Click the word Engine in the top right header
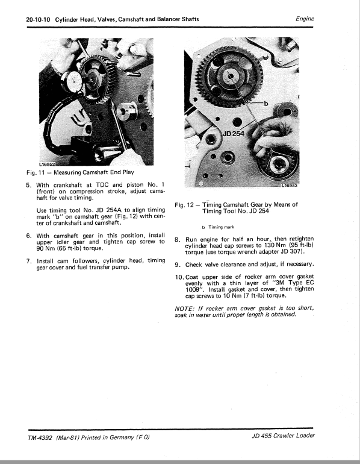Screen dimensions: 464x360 point(305,19)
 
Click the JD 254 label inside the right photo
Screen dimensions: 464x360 point(234,133)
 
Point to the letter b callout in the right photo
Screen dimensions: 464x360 point(265,103)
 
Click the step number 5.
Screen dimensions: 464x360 point(29,184)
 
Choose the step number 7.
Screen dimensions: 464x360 point(29,261)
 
